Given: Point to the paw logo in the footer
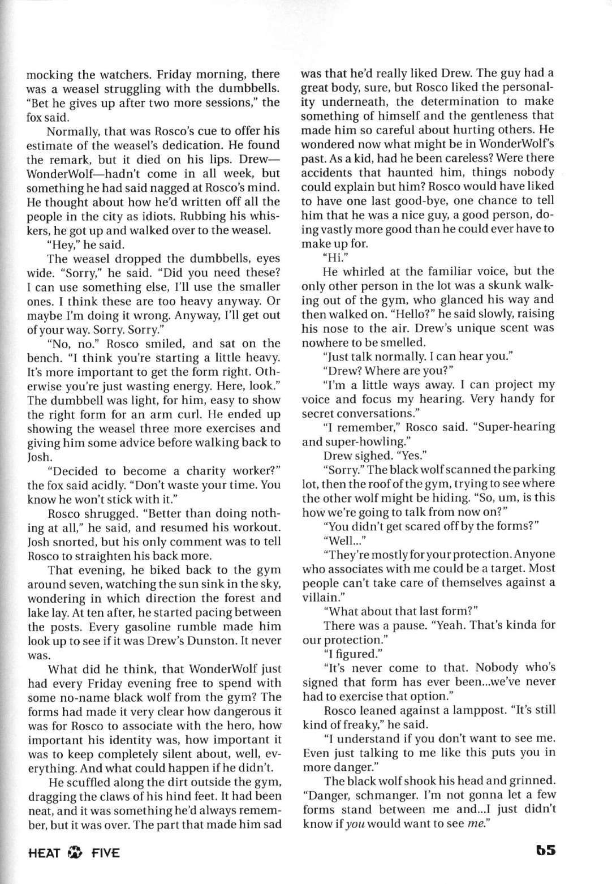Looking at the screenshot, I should point(75,852).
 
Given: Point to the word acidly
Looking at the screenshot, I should point(84,485).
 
